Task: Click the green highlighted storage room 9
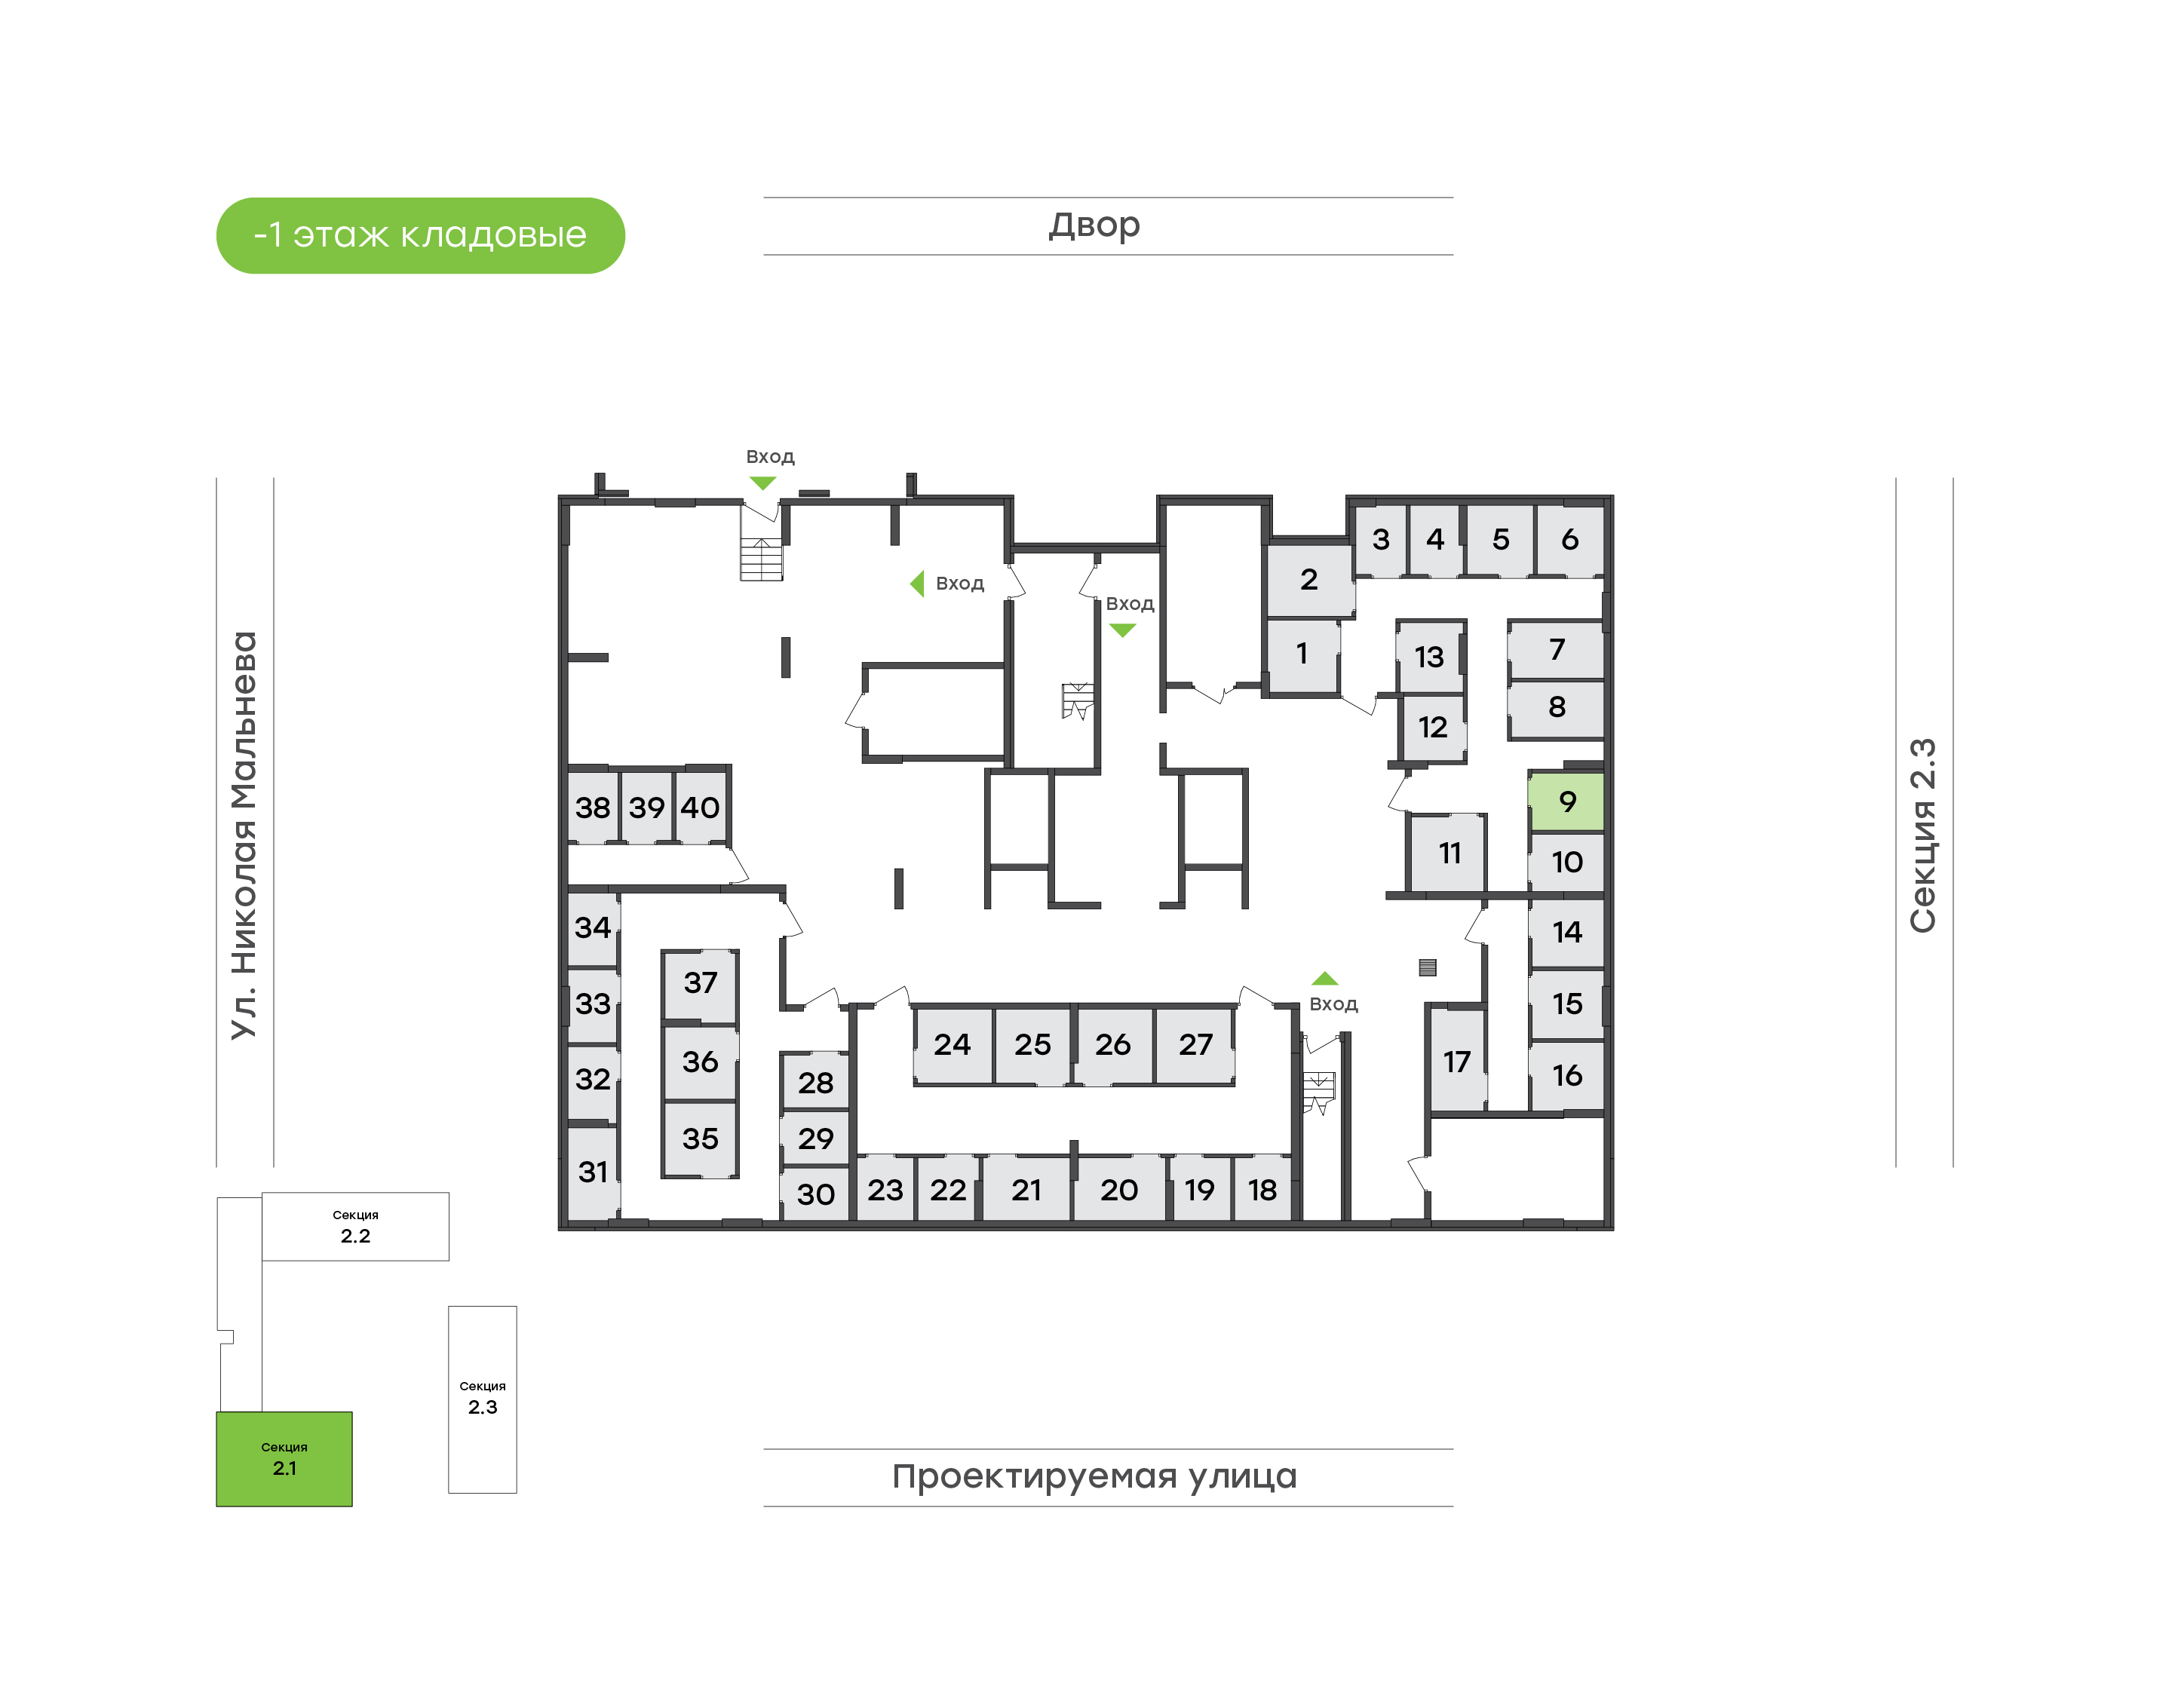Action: pos(1566,801)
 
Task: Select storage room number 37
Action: pos(701,984)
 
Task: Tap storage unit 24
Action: pos(953,1044)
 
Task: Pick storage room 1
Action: pos(1302,654)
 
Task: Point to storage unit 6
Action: pos(1569,540)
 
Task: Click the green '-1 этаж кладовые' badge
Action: pos(420,235)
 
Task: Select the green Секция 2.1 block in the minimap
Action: pos(284,1458)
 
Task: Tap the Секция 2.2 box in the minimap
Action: pos(355,1226)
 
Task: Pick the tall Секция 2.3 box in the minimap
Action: pos(482,1399)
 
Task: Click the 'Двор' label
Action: pos(1094,225)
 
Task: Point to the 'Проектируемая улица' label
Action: pos(1094,1476)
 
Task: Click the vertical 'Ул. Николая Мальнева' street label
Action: pos(244,835)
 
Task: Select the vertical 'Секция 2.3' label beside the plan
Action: pos(1922,835)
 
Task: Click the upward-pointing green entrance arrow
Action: pos(1324,979)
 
